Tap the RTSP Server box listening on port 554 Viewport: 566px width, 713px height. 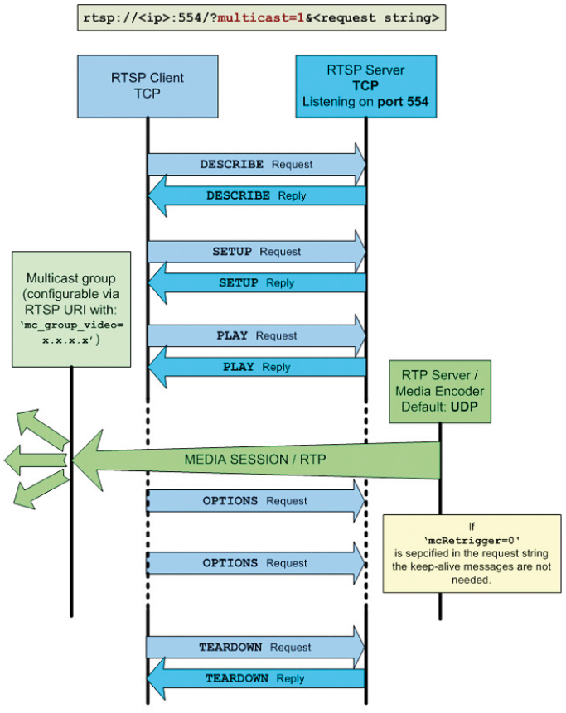[365, 87]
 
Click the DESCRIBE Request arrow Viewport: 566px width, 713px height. [256, 164]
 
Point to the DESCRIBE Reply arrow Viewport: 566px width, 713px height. [256, 196]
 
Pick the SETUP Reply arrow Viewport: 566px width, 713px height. [256, 283]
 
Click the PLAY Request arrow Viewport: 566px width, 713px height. [256, 335]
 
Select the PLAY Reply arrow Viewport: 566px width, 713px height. [256, 367]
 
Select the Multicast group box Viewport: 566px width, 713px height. [71, 308]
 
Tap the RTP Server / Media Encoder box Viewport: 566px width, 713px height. [439, 391]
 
